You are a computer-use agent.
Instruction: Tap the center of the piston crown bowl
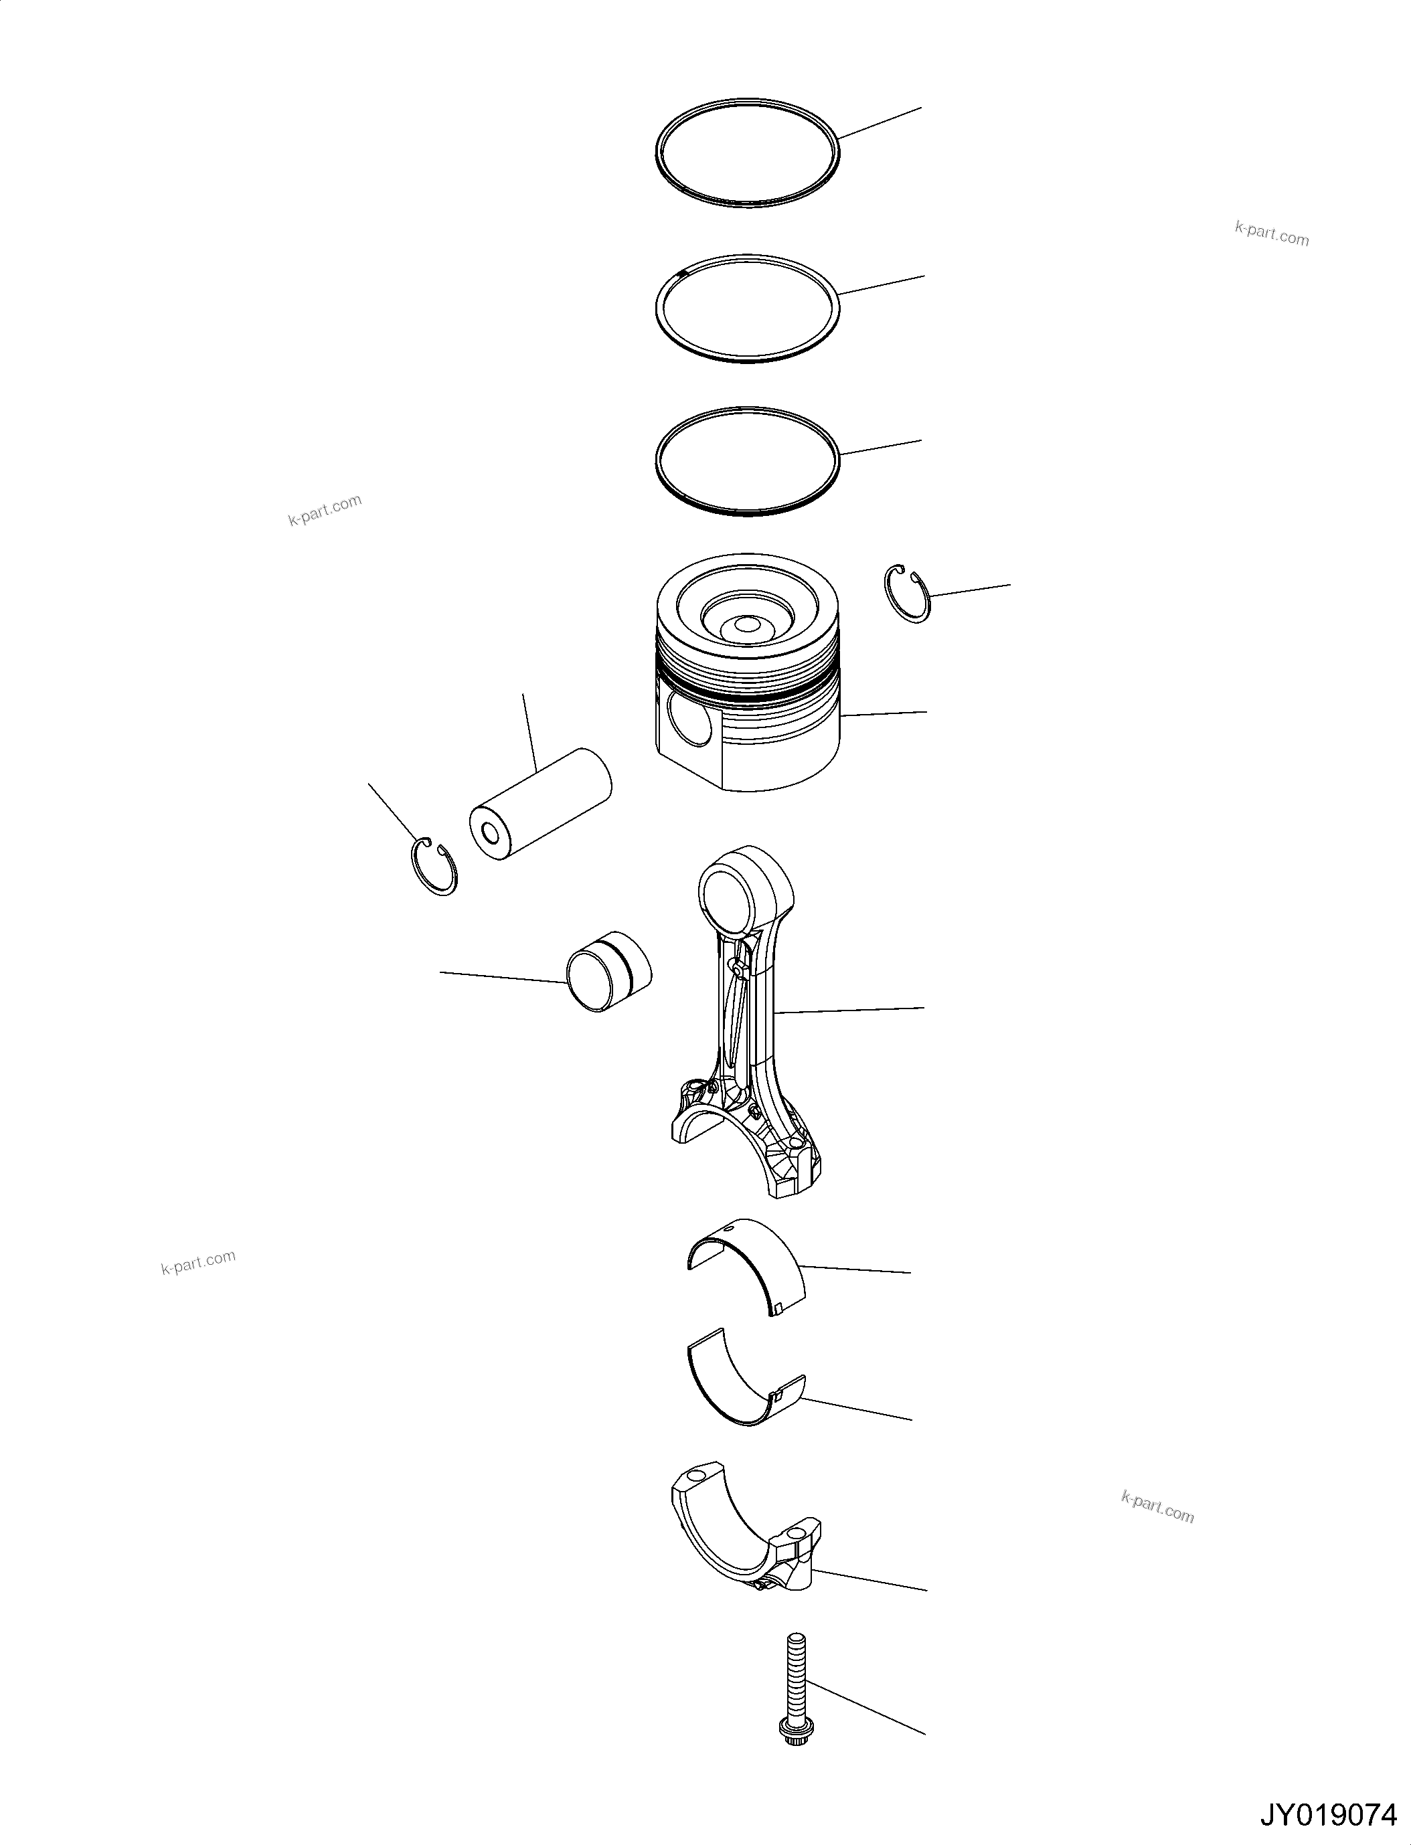pos(746,626)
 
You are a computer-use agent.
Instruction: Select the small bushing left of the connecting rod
pos(609,971)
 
